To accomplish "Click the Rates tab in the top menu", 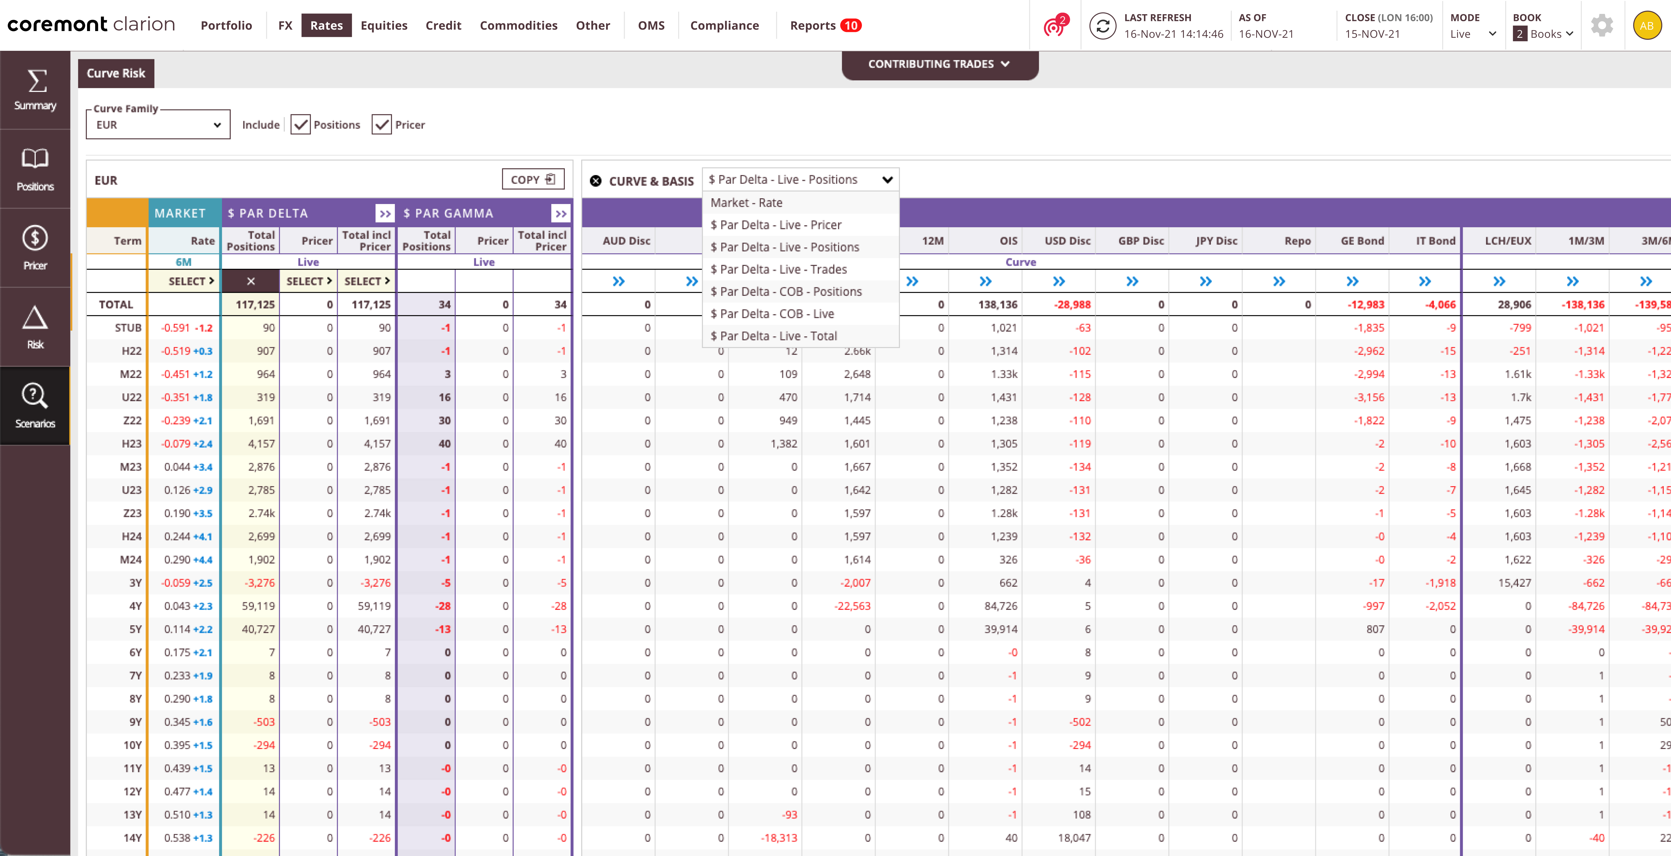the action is tap(326, 25).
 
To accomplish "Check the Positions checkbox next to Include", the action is tap(300, 125).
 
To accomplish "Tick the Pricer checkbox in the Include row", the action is tap(381, 125).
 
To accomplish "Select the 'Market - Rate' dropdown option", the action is tap(746, 203).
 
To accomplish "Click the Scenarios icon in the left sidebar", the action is tap(35, 405).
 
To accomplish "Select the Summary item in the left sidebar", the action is tap(35, 90).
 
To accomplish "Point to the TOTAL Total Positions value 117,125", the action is tap(255, 304).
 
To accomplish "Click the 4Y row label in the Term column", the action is tap(135, 606).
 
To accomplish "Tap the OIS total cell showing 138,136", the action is tap(998, 304).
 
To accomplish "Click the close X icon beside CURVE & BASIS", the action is tap(596, 181).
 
